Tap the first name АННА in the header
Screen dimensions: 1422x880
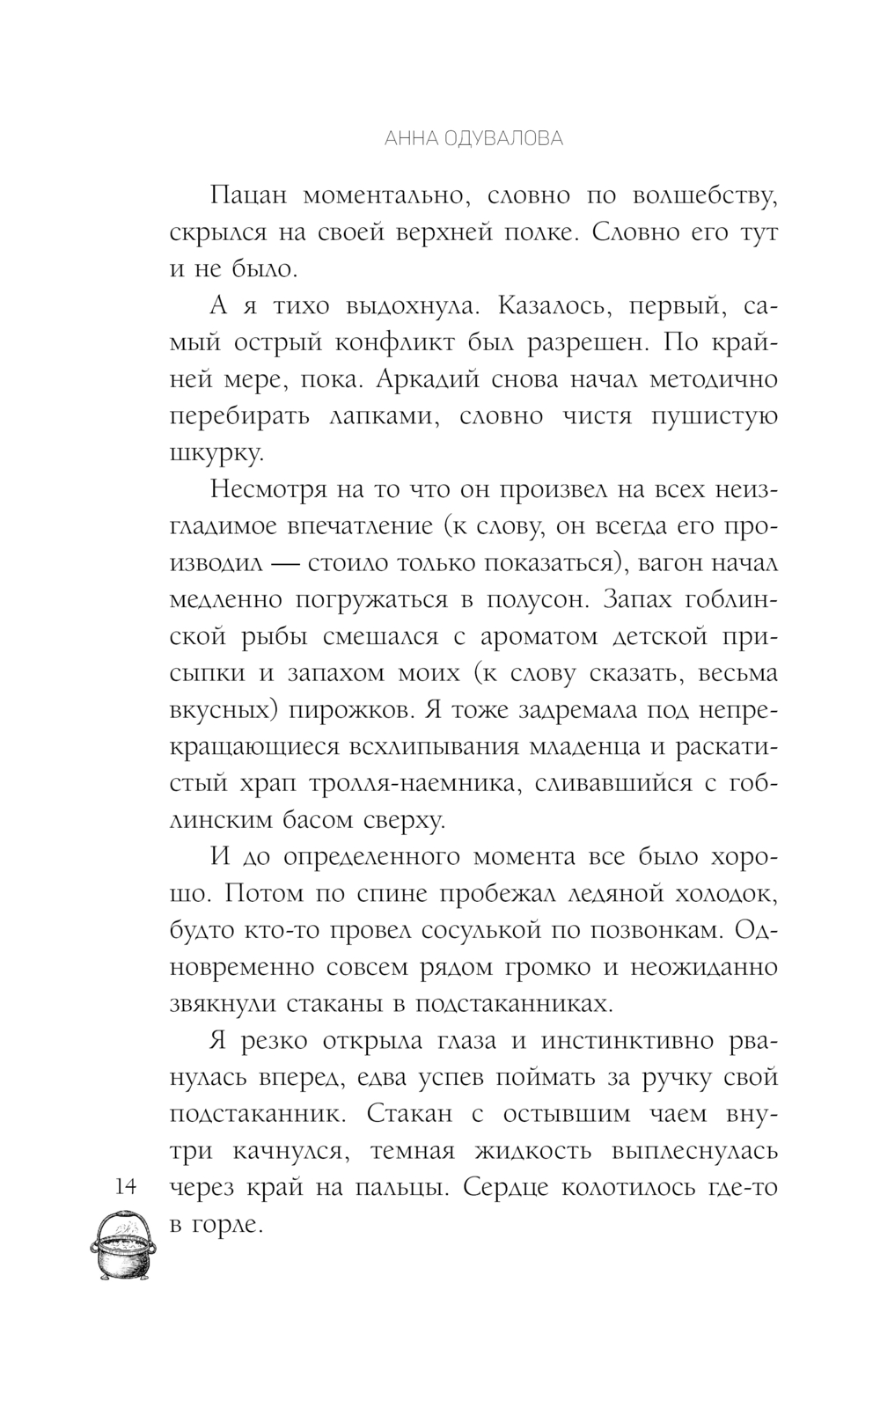[392, 138]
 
